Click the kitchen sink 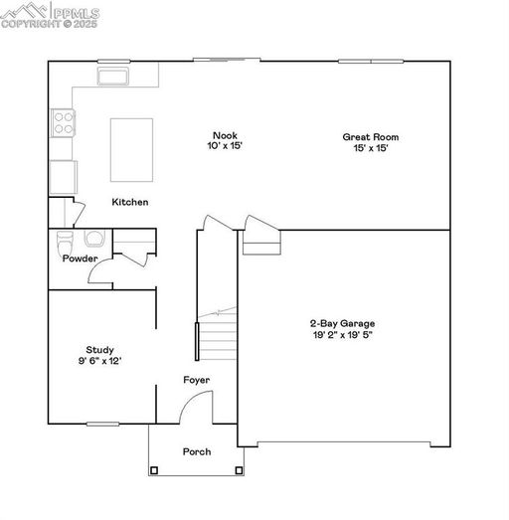pos(113,77)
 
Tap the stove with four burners pos(63,123)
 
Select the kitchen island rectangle pos(131,150)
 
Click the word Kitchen pos(130,202)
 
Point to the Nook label pos(225,135)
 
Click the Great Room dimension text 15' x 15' pos(371,148)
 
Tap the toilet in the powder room pos(65,242)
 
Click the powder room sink pos(94,238)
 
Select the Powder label pos(81,259)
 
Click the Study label pos(99,350)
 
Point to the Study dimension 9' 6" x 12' pos(99,361)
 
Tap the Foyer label pos(197,380)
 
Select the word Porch pos(197,451)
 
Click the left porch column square pos(154,470)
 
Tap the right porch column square pos(239,470)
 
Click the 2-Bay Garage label pos(343,323)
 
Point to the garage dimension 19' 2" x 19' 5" pos(343,335)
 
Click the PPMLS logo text pos(77,13)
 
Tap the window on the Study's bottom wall pos(102,424)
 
